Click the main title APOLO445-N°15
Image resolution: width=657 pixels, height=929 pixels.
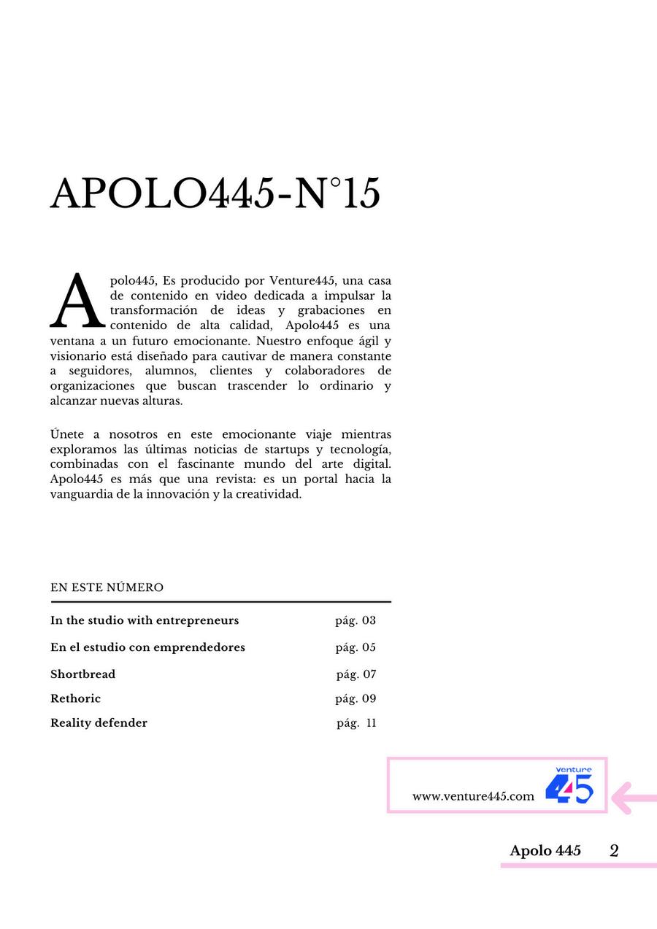pyautogui.click(x=215, y=194)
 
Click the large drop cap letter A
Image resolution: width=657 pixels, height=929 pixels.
pyautogui.click(x=77, y=301)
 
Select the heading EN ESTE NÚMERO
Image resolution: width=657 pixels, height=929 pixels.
pyautogui.click(x=107, y=587)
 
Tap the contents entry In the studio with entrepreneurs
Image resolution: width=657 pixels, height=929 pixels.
pyautogui.click(x=145, y=620)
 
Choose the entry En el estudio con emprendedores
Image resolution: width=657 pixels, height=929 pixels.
pyautogui.click(x=147, y=647)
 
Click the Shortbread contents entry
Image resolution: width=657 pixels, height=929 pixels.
pyautogui.click(x=82, y=674)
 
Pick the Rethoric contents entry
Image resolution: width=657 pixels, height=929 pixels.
pyautogui.click(x=75, y=698)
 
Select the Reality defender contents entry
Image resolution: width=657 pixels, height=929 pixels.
pyautogui.click(x=99, y=723)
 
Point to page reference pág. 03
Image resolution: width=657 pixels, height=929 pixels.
pyautogui.click(x=356, y=621)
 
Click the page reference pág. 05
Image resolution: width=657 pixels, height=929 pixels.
pyautogui.click(x=356, y=647)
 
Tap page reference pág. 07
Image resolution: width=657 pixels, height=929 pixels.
pyautogui.click(x=356, y=674)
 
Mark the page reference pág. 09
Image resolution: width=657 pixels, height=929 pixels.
pyautogui.click(x=356, y=698)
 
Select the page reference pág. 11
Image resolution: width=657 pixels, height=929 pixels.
pyautogui.click(x=356, y=723)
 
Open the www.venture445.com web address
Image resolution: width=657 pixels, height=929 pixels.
pyautogui.click(x=473, y=796)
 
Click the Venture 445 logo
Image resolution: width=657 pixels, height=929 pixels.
pyautogui.click(x=569, y=785)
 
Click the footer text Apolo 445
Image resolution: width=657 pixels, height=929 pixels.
pyautogui.click(x=545, y=851)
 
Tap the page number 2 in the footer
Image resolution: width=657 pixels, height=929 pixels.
pyautogui.click(x=614, y=851)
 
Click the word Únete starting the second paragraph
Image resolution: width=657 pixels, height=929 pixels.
pyautogui.click(x=68, y=434)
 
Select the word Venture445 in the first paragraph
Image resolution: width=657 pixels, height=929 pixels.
pyautogui.click(x=301, y=281)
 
